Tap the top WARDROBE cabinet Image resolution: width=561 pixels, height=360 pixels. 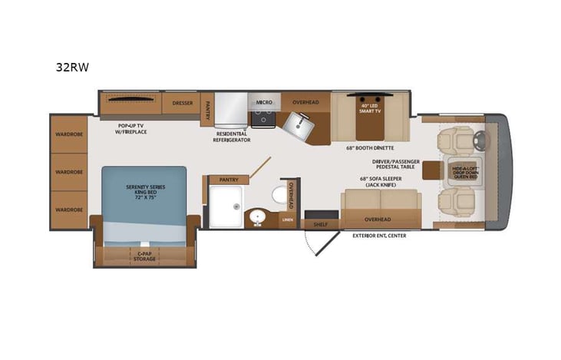pos(68,135)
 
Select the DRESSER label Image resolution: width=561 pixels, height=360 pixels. pos(182,101)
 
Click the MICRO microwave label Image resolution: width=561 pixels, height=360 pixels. pos(264,101)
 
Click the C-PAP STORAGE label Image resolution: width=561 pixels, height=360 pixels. pos(145,256)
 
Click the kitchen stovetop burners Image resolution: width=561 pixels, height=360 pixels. pos(264,118)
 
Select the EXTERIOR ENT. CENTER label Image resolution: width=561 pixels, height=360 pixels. pos(380,236)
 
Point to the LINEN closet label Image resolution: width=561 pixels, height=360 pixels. pos(288,220)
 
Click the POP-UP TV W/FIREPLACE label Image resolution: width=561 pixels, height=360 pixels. pos(133,128)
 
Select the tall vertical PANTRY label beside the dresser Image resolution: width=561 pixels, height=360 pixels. pos(206,110)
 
